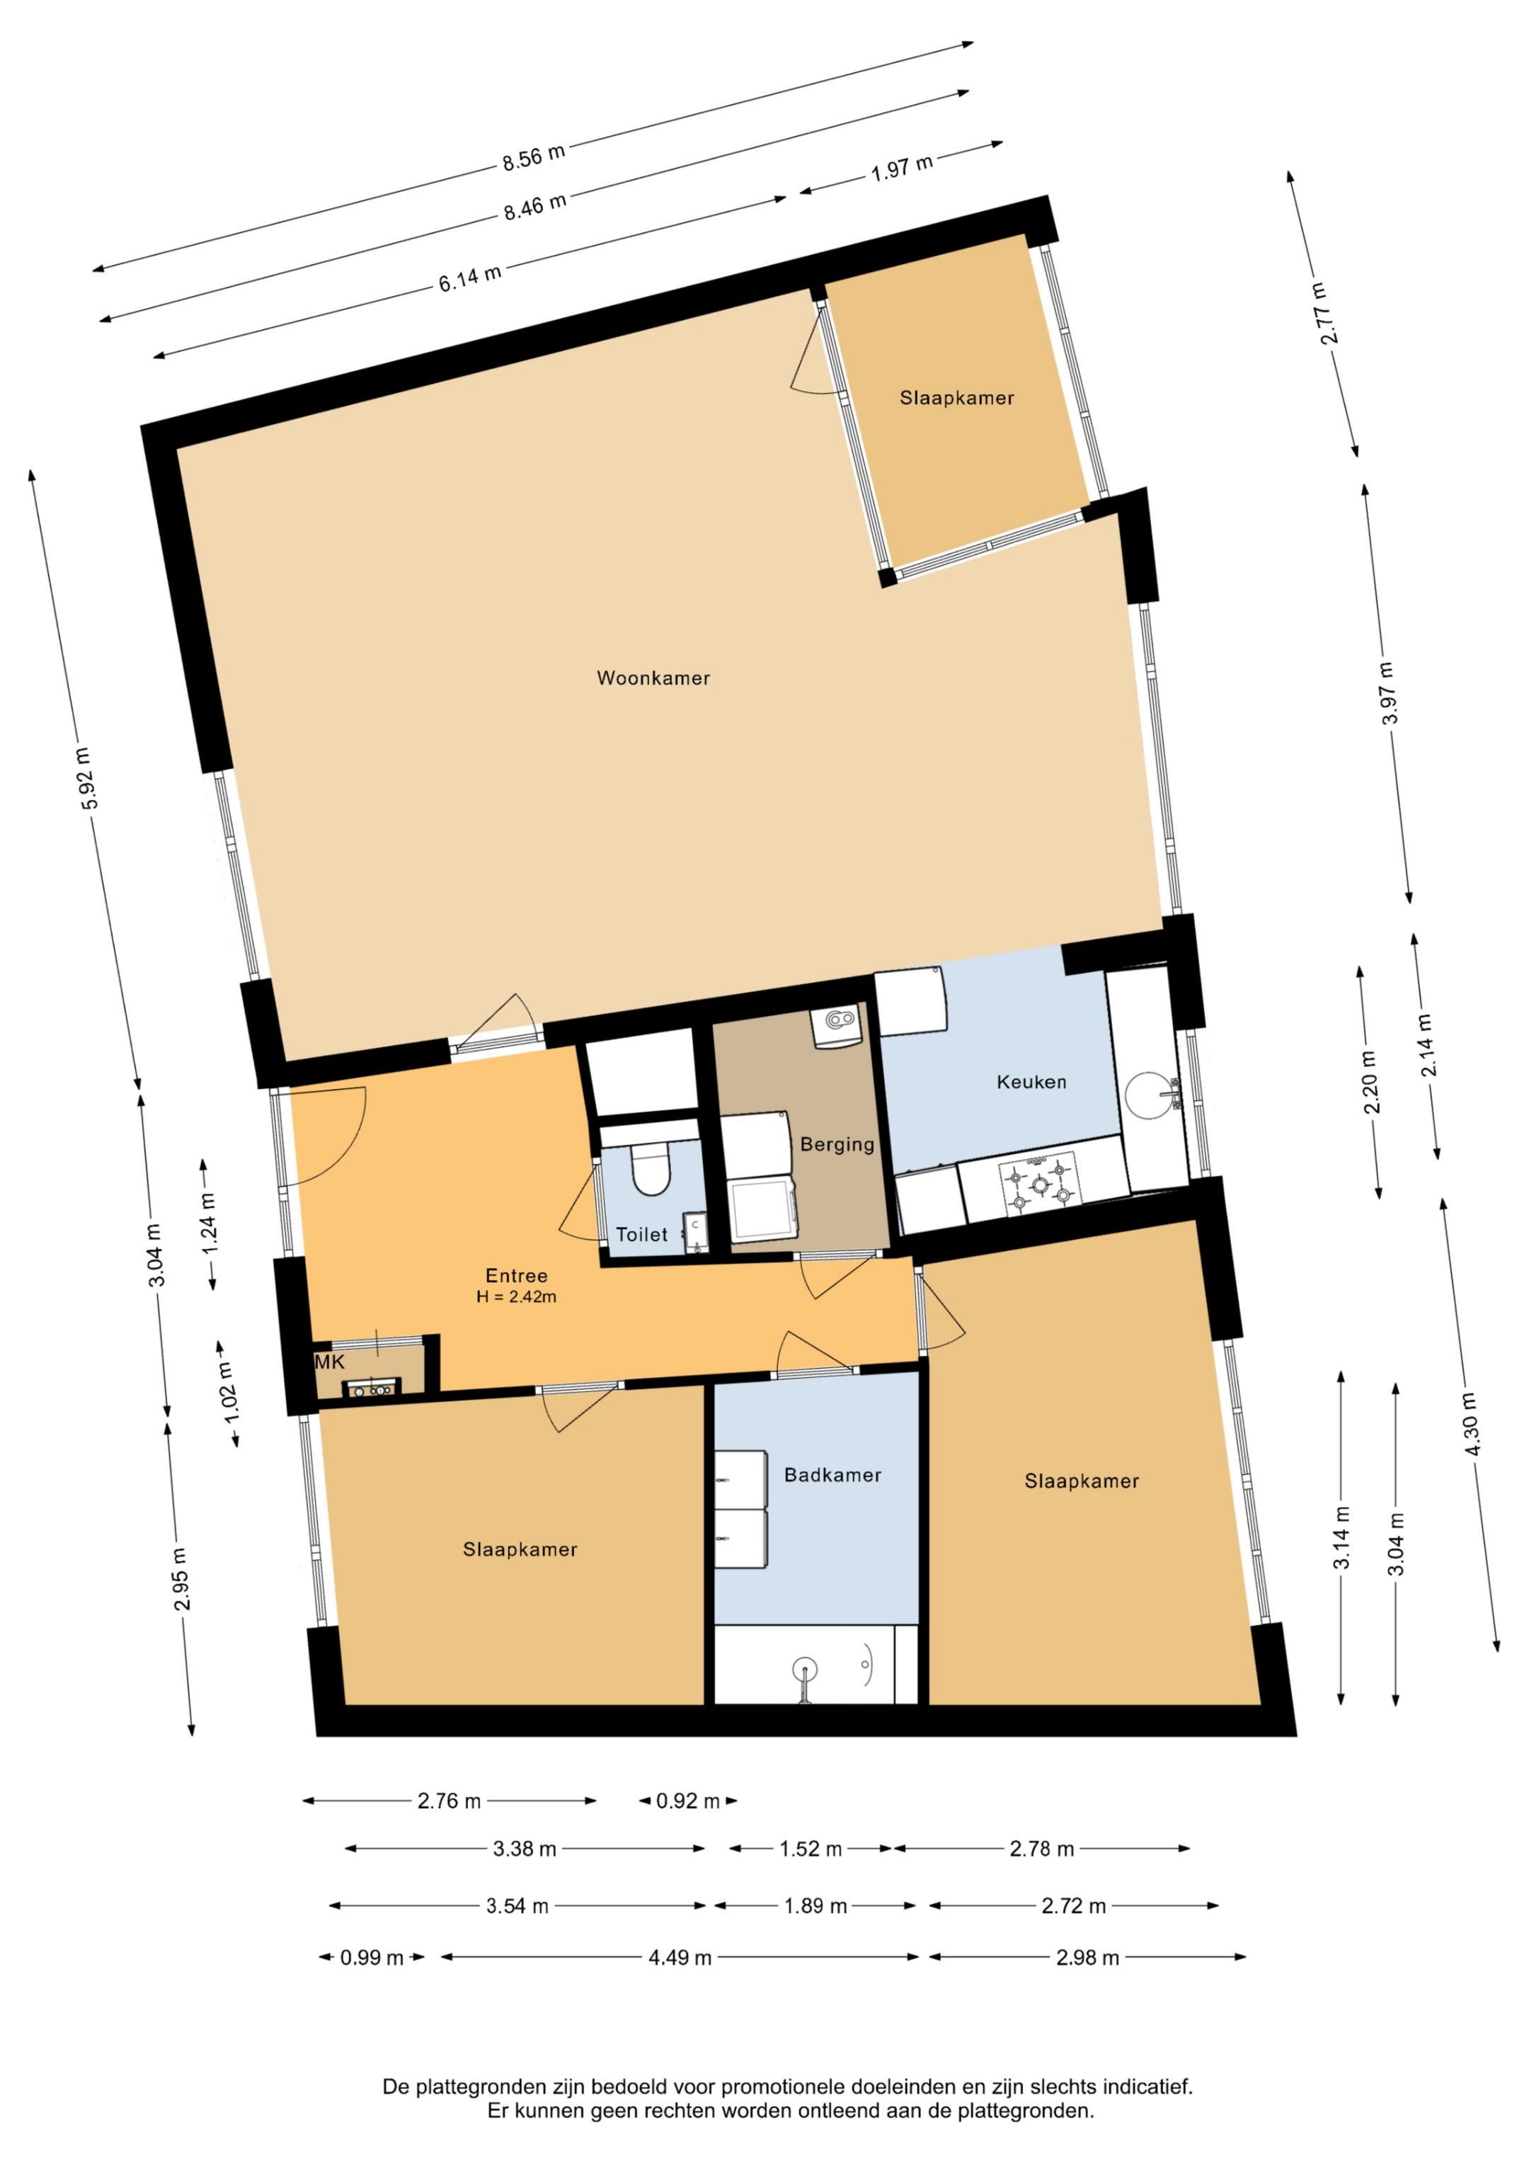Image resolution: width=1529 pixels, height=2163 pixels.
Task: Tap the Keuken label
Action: click(x=1031, y=1083)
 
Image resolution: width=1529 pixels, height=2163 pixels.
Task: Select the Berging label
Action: click(x=837, y=1145)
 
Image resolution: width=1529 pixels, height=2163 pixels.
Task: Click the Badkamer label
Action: click(x=832, y=1476)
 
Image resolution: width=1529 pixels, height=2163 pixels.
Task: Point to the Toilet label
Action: click(x=641, y=1234)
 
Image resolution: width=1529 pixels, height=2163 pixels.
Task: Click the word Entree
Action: click(x=516, y=1276)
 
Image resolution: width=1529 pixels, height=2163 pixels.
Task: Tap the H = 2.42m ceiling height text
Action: click(x=516, y=1297)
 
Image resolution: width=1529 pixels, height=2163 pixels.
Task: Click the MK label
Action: click(x=330, y=1363)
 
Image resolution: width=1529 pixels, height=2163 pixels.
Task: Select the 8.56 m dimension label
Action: click(x=533, y=156)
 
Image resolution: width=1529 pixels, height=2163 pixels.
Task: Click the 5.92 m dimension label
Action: click(x=86, y=778)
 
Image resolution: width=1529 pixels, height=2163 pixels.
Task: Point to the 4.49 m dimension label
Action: click(x=680, y=1958)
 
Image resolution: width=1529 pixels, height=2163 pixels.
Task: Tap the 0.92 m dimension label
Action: click(x=688, y=1801)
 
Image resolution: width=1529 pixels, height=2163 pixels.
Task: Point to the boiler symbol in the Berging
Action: click(x=837, y=1025)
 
